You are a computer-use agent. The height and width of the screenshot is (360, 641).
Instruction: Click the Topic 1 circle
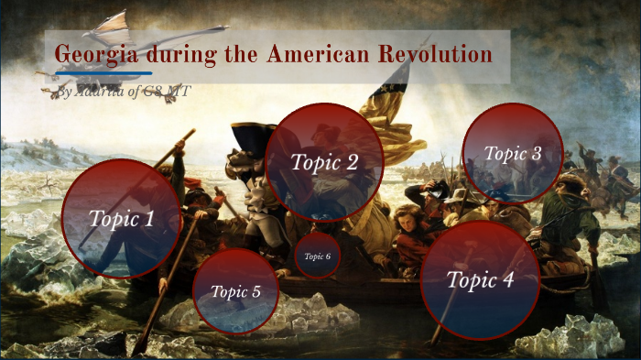[x=121, y=218]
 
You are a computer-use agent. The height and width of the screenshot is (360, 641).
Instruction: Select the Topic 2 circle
[x=323, y=162]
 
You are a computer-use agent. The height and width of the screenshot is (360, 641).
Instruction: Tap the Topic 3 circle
[x=512, y=153]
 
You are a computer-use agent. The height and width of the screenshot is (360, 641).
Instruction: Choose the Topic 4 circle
[x=480, y=279]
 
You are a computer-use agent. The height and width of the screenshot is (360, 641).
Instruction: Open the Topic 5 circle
[x=236, y=291]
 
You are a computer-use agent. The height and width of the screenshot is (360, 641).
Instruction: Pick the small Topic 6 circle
[x=317, y=256]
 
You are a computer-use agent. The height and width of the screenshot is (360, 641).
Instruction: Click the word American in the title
[x=320, y=54]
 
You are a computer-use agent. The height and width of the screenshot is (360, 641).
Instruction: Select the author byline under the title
[x=124, y=92]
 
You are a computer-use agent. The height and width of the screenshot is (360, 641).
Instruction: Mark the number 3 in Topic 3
[x=537, y=153]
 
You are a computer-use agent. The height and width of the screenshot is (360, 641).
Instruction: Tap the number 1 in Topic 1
[x=148, y=219]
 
